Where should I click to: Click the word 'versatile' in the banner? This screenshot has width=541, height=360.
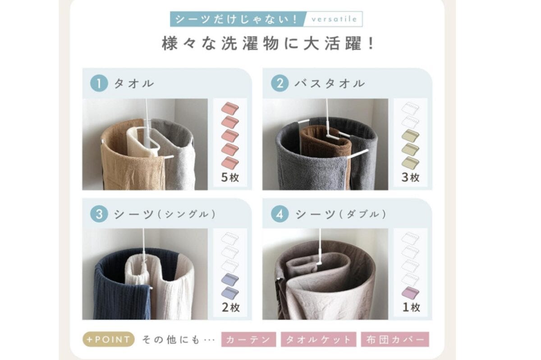(x=334, y=19)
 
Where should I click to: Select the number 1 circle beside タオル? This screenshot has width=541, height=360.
(x=99, y=83)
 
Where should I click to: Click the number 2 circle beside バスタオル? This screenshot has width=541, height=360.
(x=280, y=83)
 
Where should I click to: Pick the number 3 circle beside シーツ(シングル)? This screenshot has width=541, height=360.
(x=99, y=214)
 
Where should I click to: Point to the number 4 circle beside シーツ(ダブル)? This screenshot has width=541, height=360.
(x=280, y=214)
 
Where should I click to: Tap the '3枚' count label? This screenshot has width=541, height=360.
(x=411, y=178)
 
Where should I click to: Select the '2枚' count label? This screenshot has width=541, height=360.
(x=231, y=307)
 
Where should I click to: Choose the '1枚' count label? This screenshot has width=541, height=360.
(x=411, y=307)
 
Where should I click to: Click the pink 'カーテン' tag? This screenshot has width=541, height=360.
(x=248, y=339)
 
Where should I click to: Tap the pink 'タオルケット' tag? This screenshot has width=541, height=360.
(x=318, y=339)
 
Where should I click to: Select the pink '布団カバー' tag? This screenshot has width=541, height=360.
(x=395, y=339)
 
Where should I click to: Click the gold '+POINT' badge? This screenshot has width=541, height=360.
(x=109, y=339)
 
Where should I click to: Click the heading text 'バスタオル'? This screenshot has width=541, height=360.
(x=330, y=83)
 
